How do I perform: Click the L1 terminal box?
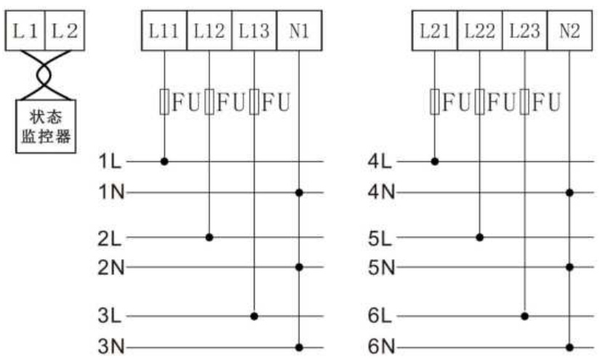click(x=25, y=31)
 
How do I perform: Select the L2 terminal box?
click(x=65, y=31)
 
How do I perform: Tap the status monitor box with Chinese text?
click(x=46, y=127)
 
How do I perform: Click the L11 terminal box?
click(x=164, y=31)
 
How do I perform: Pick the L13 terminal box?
click(x=254, y=31)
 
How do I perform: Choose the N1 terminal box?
click(x=299, y=31)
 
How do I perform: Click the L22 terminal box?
click(x=480, y=31)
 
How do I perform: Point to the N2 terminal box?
click(x=569, y=31)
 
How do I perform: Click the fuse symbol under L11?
click(x=164, y=102)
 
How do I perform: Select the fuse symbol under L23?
click(x=524, y=102)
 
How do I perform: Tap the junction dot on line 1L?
click(x=164, y=161)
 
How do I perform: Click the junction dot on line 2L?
click(x=209, y=237)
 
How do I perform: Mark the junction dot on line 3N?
click(x=299, y=348)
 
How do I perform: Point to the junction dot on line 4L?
click(x=435, y=161)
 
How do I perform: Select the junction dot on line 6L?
click(x=525, y=316)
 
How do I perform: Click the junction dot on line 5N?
click(x=569, y=267)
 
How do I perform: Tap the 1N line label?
click(x=111, y=191)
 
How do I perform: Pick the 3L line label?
click(x=109, y=316)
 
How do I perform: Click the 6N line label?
click(x=381, y=347)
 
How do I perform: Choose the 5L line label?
click(x=380, y=239)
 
